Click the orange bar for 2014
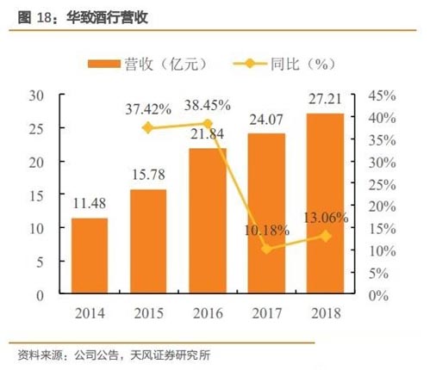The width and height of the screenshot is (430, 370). tap(90, 256)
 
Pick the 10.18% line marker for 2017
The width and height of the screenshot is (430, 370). tap(267, 249)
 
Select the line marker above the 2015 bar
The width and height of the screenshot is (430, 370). tap(148, 127)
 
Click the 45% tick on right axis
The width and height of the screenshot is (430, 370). tap(382, 95)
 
